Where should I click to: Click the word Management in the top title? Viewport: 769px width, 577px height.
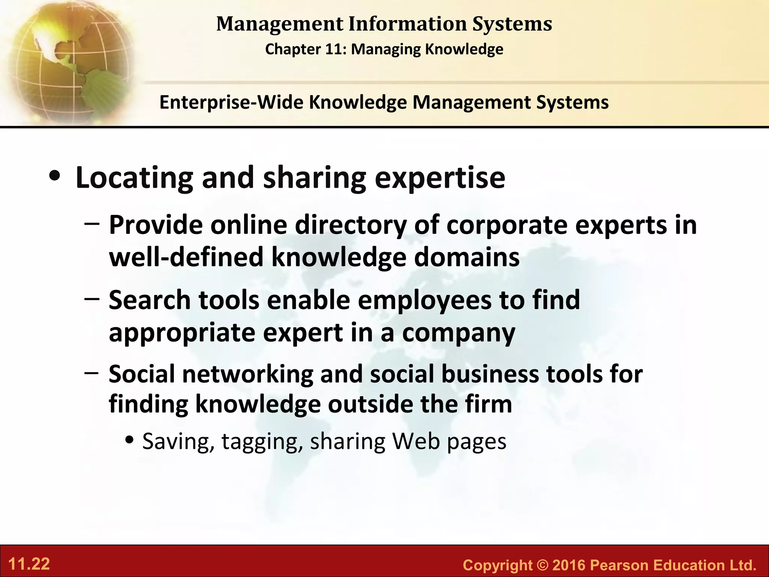pos(280,24)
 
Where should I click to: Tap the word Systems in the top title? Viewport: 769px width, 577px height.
pos(512,24)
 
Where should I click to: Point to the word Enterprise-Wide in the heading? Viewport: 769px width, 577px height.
pos(231,102)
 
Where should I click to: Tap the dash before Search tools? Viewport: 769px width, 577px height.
pos(92,299)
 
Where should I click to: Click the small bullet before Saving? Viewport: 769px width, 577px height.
pos(130,440)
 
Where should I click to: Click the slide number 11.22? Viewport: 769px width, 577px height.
pos(29,564)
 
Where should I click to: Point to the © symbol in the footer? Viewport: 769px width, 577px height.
pos(542,565)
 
